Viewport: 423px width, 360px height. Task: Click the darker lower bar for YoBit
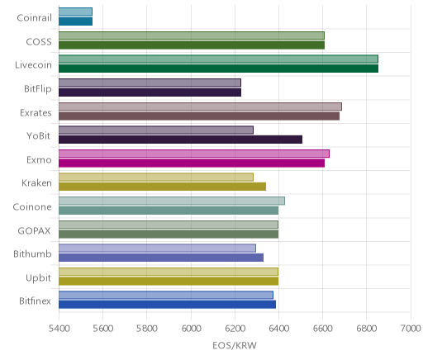pos(180,140)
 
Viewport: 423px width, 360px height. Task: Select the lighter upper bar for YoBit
pos(156,130)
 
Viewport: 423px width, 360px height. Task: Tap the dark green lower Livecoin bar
pos(218,69)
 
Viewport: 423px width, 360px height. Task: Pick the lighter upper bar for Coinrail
pos(75,12)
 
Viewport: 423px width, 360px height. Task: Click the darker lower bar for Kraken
pos(162,187)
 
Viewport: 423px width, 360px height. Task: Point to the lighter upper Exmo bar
pos(194,154)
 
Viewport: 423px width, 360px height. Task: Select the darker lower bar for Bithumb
pos(161,258)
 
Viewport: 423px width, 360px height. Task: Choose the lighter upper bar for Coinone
pos(172,201)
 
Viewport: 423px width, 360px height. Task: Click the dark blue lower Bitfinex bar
pos(167,305)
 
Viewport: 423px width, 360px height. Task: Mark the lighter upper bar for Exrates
pos(200,107)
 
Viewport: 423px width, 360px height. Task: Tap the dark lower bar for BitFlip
pos(150,92)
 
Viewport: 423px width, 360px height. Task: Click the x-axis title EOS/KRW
pos(235,345)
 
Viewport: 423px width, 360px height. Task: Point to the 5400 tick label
pos(59,329)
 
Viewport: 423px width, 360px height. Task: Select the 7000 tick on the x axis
pos(411,329)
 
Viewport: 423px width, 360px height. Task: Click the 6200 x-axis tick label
pos(235,329)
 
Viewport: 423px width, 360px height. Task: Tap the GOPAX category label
pos(35,230)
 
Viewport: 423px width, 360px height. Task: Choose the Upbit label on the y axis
pos(38,278)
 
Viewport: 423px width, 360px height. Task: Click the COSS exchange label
pos(39,42)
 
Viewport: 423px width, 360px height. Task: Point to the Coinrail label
pos(34,18)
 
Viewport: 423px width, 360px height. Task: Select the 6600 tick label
pos(323,329)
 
